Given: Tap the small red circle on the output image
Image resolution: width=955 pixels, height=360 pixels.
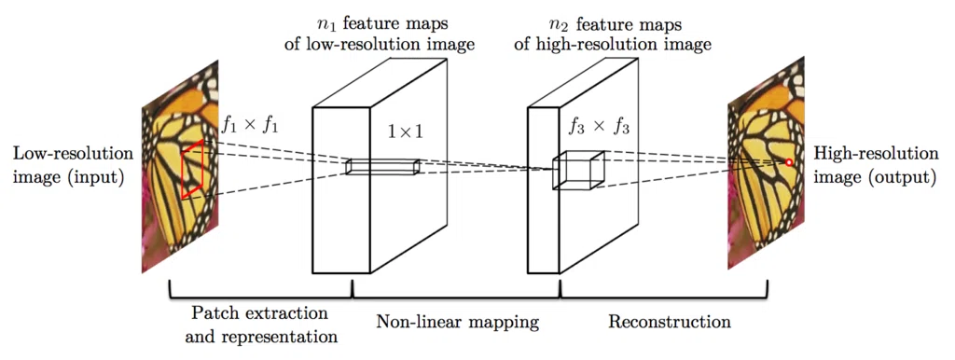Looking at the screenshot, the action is [x=789, y=162].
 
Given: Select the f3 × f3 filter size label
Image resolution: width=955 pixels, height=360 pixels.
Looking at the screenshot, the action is [x=598, y=129].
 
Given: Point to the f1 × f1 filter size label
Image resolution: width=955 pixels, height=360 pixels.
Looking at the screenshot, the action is [x=250, y=124].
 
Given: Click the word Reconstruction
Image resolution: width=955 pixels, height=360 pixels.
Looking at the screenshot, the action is [x=670, y=321].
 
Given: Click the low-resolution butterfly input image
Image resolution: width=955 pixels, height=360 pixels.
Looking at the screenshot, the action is [x=180, y=166].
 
